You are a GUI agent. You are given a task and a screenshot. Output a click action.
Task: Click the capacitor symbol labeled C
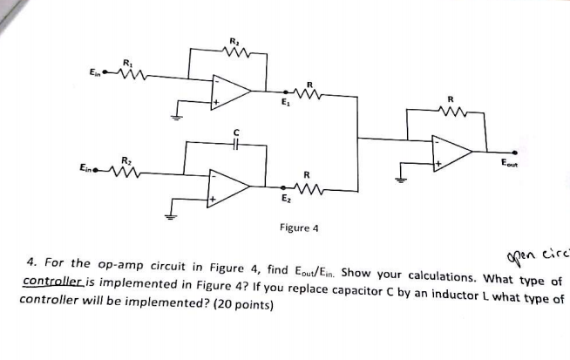[234, 144]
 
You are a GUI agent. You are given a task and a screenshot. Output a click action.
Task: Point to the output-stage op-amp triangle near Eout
[452, 150]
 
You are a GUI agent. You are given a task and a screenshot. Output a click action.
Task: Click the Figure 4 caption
[299, 228]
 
